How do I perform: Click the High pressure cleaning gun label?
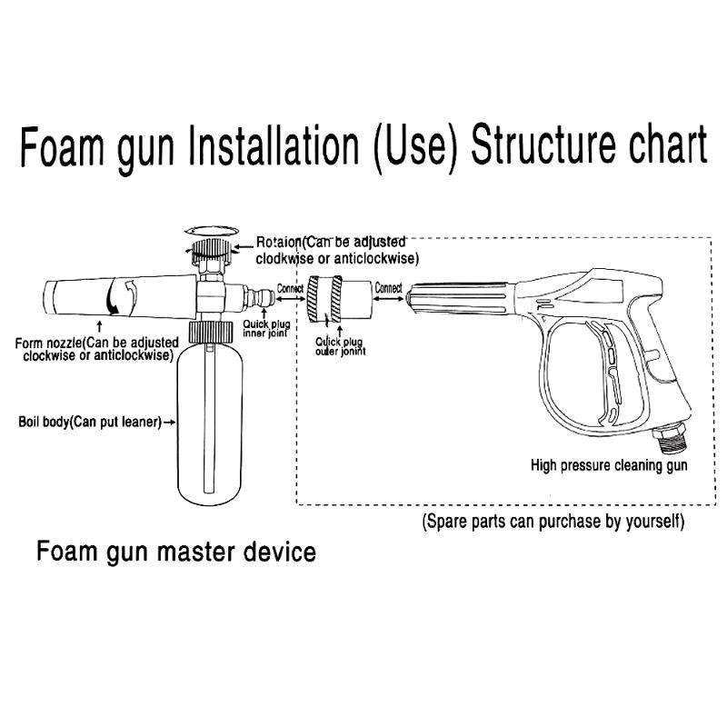coord(609,465)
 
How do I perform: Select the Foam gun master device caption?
coord(176,552)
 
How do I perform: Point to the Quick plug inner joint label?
coord(266,328)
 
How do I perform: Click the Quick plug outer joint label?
coord(340,346)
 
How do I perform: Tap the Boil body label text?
coord(90,422)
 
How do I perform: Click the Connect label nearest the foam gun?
coord(290,288)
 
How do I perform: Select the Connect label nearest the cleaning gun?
coord(389,287)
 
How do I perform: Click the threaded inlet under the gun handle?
coord(670,439)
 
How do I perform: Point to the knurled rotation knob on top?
coord(211,252)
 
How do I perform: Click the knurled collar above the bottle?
coord(210,333)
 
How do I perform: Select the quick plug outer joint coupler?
coord(340,299)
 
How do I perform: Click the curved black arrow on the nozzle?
coord(111,299)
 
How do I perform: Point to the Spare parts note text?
coord(553,521)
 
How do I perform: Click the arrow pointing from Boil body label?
coord(170,422)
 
